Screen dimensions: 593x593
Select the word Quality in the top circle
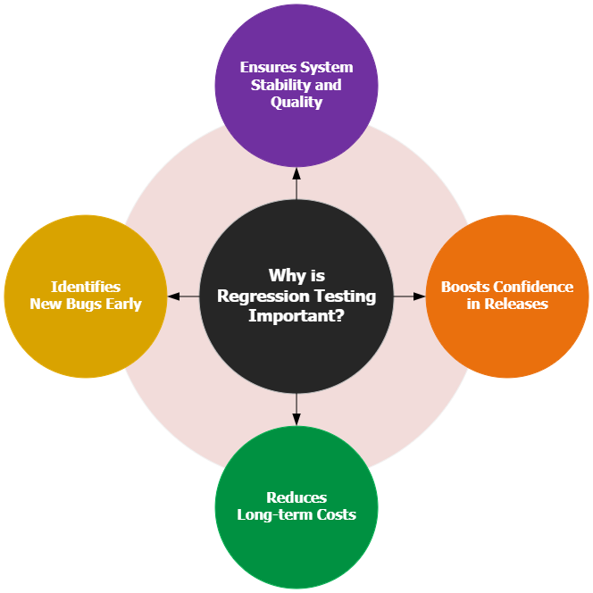click(x=296, y=102)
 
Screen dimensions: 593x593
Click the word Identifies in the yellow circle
click(x=85, y=287)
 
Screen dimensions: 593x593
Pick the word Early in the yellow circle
click(x=122, y=304)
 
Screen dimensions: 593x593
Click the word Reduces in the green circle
click(x=296, y=497)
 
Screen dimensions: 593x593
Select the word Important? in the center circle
click(x=296, y=315)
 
